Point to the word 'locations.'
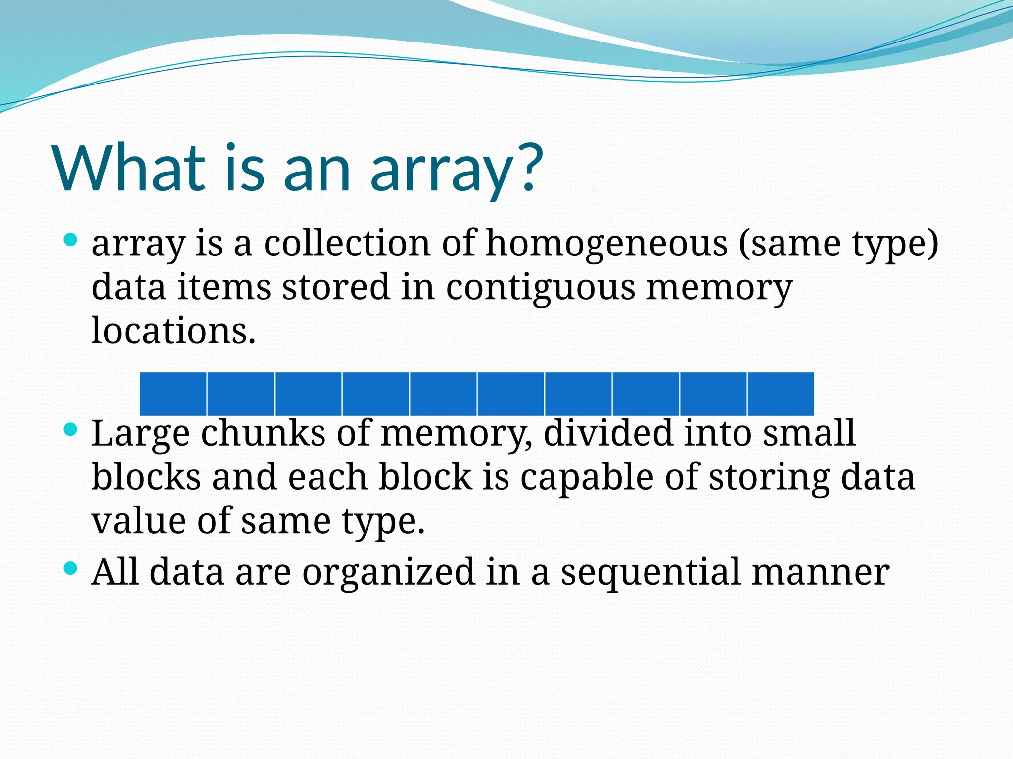coord(174,331)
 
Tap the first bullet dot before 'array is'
coord(71,241)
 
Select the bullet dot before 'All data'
coord(71,568)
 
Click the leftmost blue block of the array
coord(173,394)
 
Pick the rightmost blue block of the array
coord(781,394)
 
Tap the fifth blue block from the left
coord(443,394)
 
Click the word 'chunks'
coord(263,433)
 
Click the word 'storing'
coord(769,478)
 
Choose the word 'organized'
coord(389,573)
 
